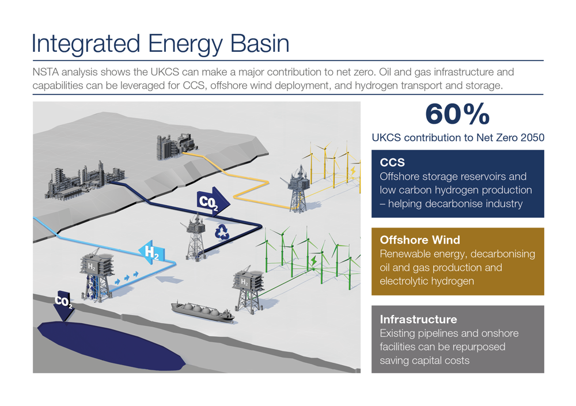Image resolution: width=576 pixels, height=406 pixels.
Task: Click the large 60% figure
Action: [x=457, y=114]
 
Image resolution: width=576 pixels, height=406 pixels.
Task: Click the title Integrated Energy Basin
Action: [x=161, y=44]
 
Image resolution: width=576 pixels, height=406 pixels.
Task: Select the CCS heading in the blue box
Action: [x=392, y=163]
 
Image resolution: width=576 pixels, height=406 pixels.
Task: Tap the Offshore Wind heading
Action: [x=419, y=240]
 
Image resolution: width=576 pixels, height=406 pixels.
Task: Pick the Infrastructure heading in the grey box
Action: [x=418, y=319]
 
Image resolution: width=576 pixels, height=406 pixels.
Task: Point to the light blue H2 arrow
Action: [x=151, y=252]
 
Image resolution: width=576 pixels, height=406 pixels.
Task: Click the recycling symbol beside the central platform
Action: [x=222, y=232]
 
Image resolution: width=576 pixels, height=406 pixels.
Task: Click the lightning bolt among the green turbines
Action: [x=313, y=262]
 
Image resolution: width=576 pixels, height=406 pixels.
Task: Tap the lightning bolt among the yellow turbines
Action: [x=352, y=171]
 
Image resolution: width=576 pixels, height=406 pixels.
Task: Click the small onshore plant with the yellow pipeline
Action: [x=175, y=146]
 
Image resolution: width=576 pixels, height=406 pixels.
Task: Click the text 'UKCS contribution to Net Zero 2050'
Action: [x=458, y=138]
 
